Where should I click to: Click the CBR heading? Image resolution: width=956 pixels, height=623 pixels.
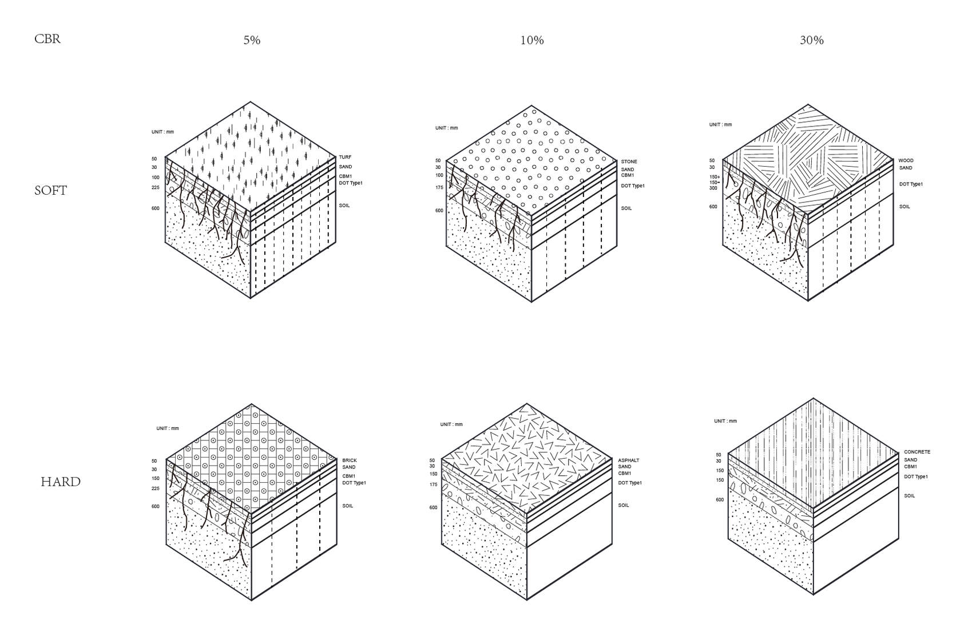pos(47,39)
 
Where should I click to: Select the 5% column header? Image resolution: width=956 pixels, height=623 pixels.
pos(252,40)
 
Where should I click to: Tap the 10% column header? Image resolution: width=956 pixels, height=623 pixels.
pos(532,40)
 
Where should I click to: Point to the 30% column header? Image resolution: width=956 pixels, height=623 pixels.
pos(811,40)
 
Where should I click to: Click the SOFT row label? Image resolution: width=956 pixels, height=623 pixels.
pos(50,191)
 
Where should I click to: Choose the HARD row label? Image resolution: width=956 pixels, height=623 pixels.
pos(61,482)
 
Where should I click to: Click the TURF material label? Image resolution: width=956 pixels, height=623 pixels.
pos(345,157)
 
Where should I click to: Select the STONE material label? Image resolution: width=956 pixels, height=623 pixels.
pos(629,161)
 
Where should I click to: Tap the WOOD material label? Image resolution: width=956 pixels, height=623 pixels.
pos(906,161)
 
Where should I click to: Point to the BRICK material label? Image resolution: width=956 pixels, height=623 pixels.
pos(350,460)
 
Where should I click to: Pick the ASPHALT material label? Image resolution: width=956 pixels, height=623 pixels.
pos(628,460)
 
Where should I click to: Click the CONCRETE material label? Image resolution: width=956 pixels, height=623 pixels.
pos(917,452)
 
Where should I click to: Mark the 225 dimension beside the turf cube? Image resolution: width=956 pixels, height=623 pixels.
pos(156,187)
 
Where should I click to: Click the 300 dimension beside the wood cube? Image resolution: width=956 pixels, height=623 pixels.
pos(713,188)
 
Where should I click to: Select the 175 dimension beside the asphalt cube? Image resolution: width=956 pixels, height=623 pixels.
pos(434,485)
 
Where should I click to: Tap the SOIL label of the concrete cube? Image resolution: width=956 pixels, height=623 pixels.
pos(910,496)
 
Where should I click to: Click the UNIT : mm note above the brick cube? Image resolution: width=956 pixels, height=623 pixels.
pos(168,428)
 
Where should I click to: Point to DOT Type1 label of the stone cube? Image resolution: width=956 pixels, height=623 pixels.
pos(633,186)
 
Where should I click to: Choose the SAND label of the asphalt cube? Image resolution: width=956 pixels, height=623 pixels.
pos(625,467)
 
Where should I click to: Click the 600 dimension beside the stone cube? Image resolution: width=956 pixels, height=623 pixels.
pos(439,211)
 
